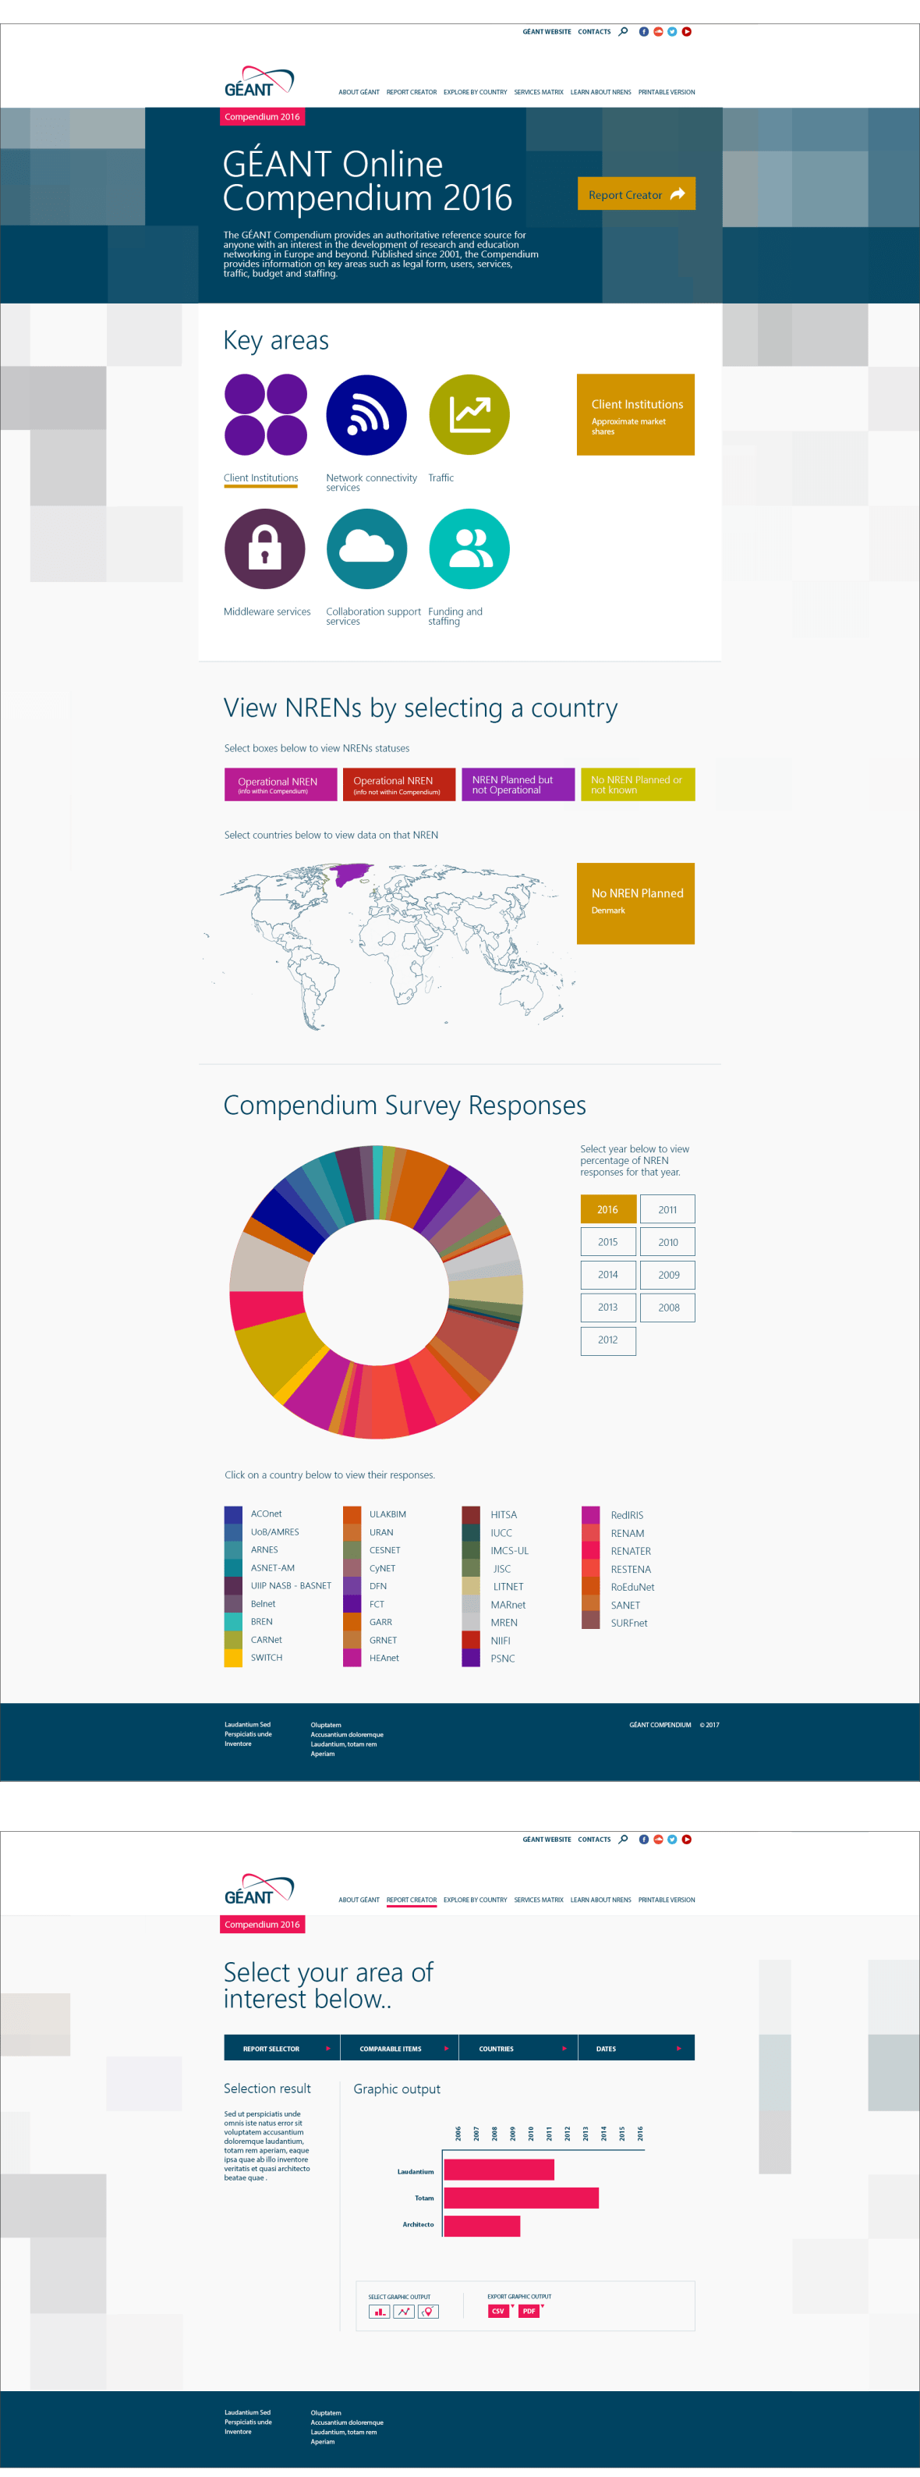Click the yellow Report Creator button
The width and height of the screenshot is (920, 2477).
(635, 194)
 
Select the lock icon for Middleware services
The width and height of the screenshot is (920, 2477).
(264, 549)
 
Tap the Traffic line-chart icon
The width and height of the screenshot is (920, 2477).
(468, 414)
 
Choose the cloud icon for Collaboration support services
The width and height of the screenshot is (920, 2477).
(366, 549)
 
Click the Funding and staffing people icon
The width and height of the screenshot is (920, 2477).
(468, 549)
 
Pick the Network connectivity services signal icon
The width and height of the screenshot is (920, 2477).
(366, 414)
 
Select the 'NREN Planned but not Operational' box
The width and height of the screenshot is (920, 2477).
(517, 785)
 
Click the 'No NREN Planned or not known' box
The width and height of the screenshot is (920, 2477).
(636, 785)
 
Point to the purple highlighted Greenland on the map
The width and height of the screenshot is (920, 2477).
(351, 873)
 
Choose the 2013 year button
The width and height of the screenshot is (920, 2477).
(607, 1307)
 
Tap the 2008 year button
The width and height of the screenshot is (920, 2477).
(668, 1307)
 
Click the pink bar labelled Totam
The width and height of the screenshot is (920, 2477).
(521, 2197)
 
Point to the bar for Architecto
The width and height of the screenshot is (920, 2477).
(482, 2225)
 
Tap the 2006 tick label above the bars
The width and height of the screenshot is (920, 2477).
(458, 2133)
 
